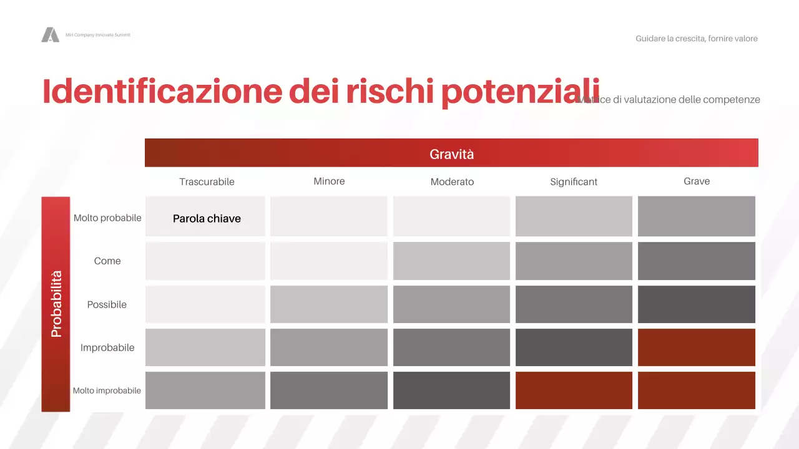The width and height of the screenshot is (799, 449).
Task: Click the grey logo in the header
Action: [x=50, y=35]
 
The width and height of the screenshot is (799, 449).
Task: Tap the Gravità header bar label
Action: [x=451, y=153]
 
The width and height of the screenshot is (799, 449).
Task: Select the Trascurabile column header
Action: [x=207, y=181]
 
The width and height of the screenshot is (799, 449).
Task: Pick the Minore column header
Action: [x=329, y=181]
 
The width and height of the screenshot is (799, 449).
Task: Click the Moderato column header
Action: [x=452, y=181]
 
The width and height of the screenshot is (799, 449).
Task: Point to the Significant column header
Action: [x=574, y=181]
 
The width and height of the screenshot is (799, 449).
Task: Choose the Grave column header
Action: [x=697, y=181]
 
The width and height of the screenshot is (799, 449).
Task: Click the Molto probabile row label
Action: [x=107, y=218]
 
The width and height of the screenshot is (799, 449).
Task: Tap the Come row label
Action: [x=107, y=261]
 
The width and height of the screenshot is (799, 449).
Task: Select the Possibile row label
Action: [x=107, y=304]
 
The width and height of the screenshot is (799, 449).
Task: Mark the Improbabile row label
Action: [x=107, y=347]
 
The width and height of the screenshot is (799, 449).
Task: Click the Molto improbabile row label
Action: [x=107, y=390]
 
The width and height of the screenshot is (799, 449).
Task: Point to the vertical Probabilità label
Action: [x=56, y=304]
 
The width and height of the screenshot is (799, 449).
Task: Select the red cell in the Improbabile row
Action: [x=697, y=347]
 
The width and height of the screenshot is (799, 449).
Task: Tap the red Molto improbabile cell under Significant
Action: [x=574, y=390]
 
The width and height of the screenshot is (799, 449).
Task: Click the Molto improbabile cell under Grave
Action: [x=697, y=390]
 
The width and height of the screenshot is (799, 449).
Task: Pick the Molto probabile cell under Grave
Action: [x=697, y=216]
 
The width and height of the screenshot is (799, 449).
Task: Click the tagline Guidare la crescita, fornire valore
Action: [x=697, y=39]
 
